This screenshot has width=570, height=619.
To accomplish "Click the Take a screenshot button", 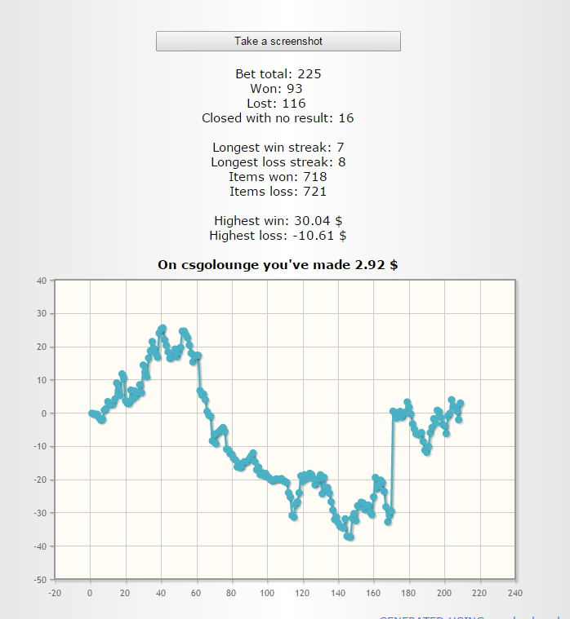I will (x=278, y=41).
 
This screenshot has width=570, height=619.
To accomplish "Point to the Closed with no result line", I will (x=278, y=118).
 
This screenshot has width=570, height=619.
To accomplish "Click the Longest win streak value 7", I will (x=340, y=148).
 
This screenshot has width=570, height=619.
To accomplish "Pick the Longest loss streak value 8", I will (x=341, y=162).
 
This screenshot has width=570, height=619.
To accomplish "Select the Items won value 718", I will (x=314, y=177).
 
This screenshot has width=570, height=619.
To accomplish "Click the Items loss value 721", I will (x=314, y=192).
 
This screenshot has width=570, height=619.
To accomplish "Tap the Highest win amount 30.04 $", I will (x=313, y=221).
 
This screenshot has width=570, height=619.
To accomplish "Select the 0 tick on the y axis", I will (x=45, y=413).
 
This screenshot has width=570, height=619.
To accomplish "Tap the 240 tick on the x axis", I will (x=514, y=593).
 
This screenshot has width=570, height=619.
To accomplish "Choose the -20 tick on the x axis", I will (x=55, y=593).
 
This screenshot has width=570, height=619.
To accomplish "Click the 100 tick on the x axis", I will (x=267, y=593).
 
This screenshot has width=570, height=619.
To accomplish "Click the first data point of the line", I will (x=91, y=413).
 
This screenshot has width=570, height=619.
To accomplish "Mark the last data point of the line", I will (x=461, y=403).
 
